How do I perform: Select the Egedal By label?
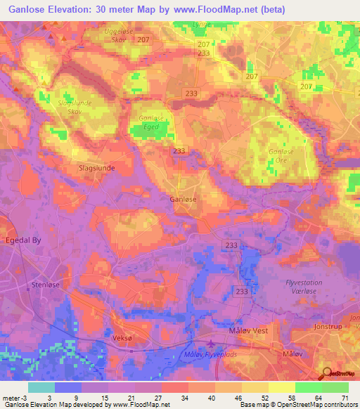pos(22,240)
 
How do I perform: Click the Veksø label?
pos(123,337)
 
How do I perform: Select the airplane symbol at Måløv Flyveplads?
pos(212,343)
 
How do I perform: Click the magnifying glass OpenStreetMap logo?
pos(327,373)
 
